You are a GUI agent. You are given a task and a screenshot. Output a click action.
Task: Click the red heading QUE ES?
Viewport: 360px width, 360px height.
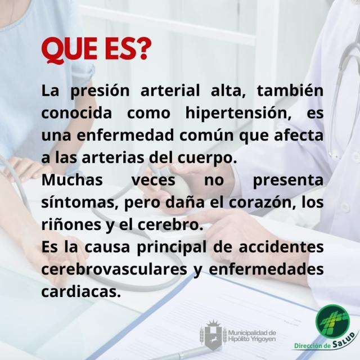[96, 51]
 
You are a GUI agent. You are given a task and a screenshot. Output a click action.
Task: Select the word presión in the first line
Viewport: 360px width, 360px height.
[100, 91]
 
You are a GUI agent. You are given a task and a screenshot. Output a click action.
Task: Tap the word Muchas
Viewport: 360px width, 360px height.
[72, 179]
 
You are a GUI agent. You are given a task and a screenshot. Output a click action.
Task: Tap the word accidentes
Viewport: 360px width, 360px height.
[281, 246]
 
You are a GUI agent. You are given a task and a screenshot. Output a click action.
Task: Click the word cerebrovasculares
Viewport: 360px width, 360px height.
[114, 269]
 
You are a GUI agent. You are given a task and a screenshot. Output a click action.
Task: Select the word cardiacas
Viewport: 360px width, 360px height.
[81, 291]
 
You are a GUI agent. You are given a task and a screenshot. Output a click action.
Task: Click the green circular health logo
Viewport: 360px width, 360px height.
[332, 321]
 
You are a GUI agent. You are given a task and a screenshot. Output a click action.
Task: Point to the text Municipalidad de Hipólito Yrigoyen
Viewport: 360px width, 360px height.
[252, 335]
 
